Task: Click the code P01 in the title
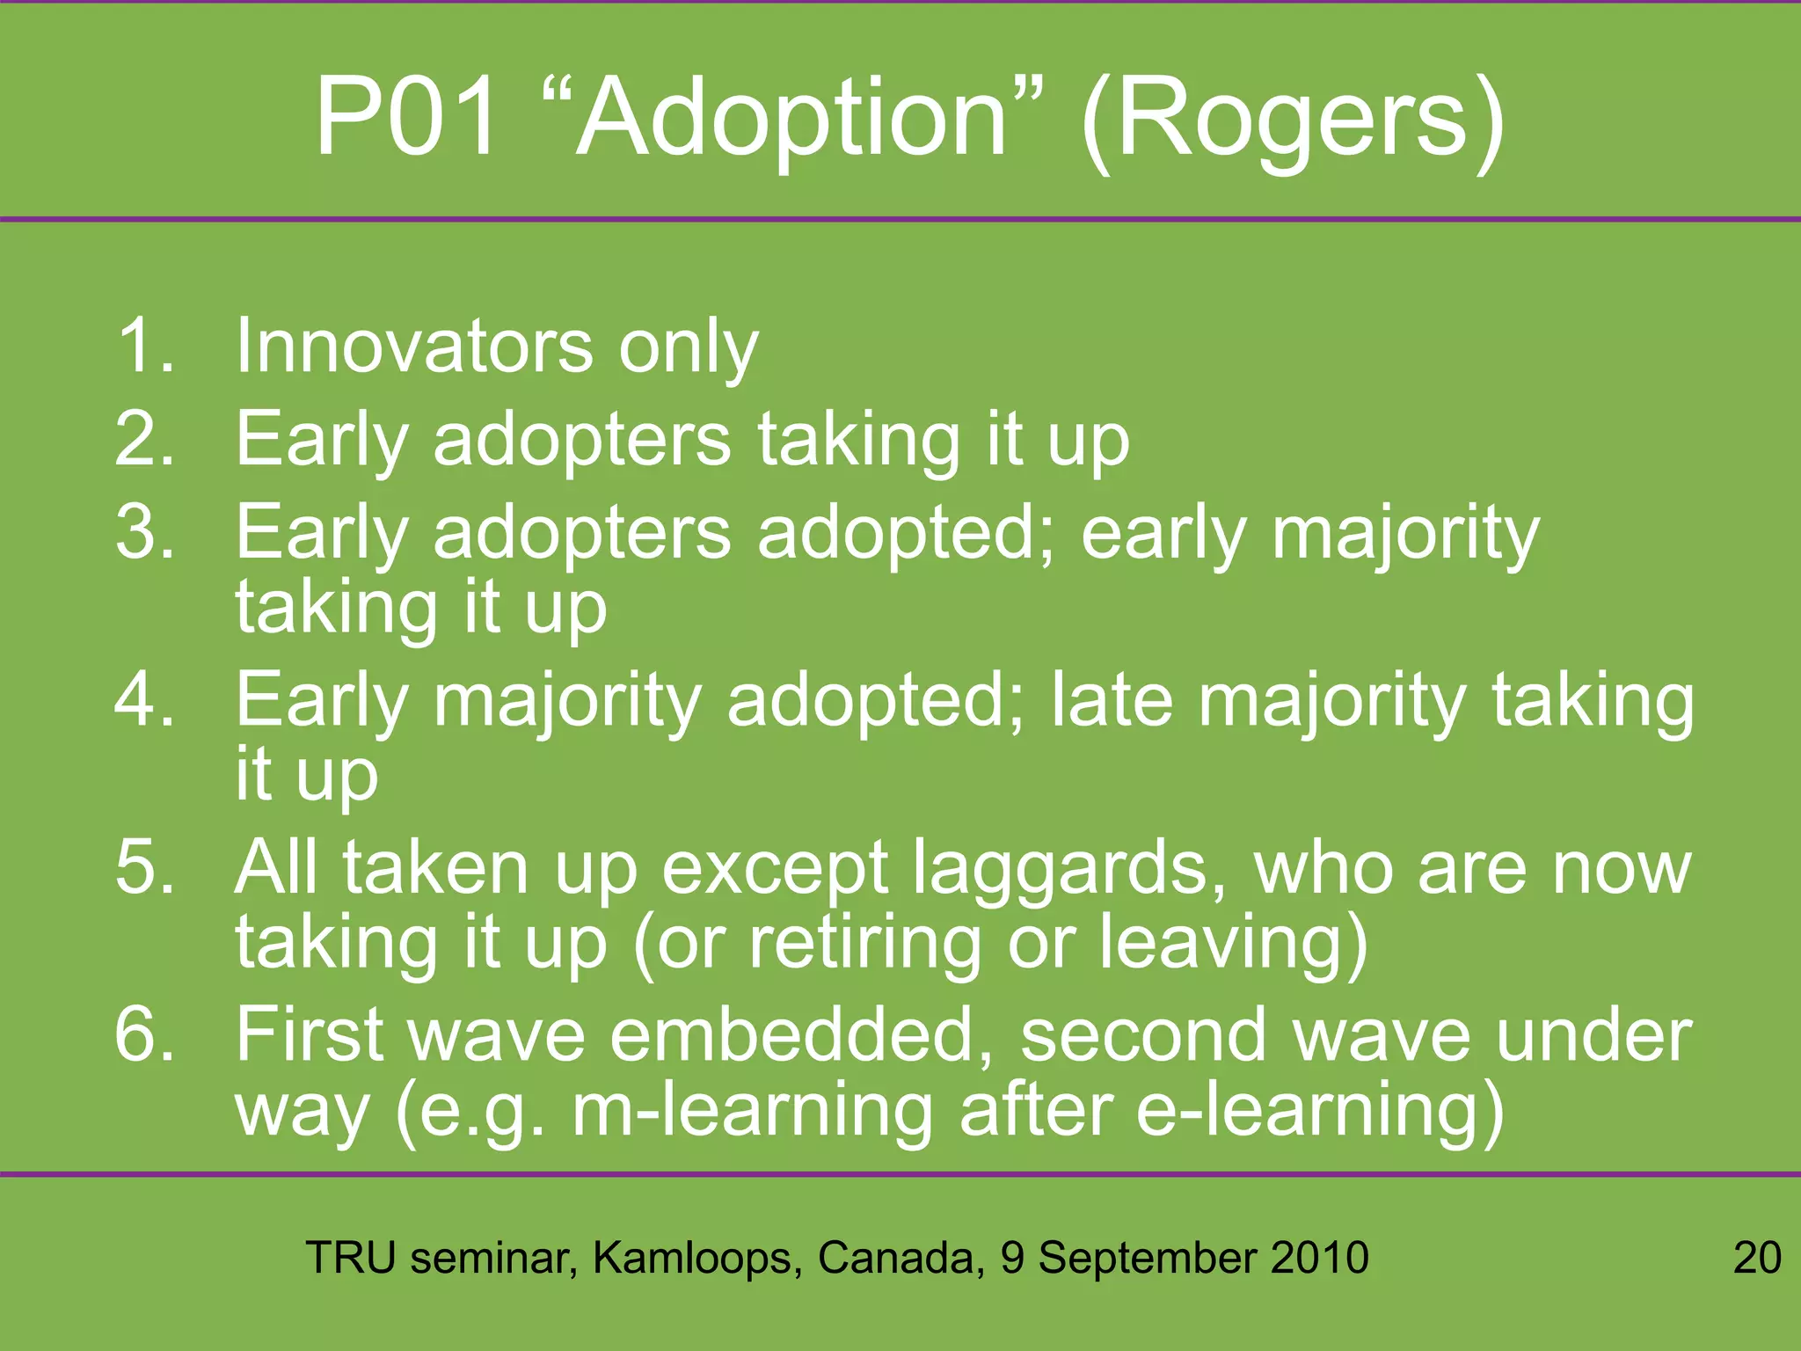tap(407, 117)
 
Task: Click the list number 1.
tap(141, 346)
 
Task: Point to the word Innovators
tap(415, 346)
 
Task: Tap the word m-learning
tap(753, 1110)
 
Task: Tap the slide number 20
tap(1756, 1258)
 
